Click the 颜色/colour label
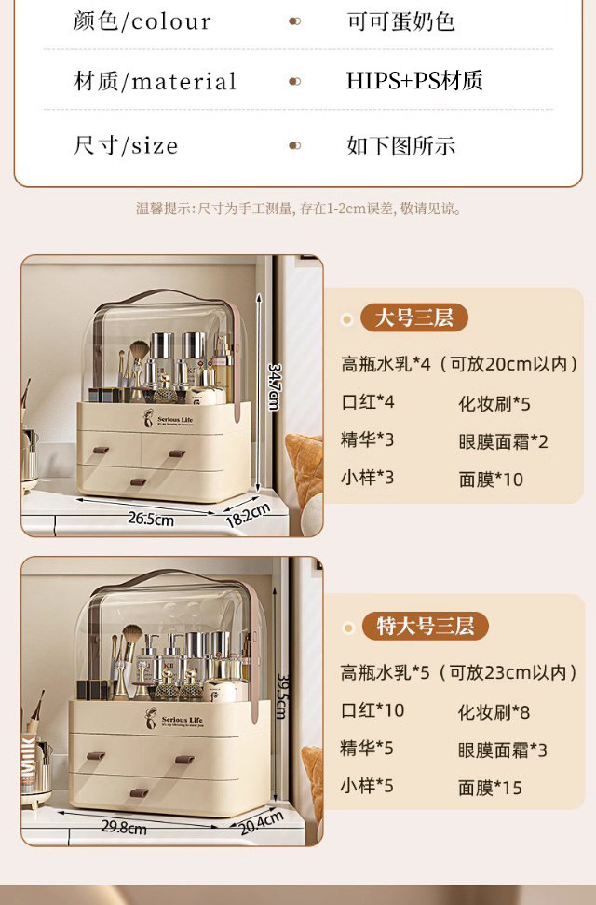tap(142, 21)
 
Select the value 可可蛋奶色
tap(400, 21)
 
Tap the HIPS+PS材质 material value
tap(414, 81)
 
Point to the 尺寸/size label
tap(126, 145)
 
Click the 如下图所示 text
tap(400, 145)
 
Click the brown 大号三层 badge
tap(413, 318)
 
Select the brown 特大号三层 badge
tap(425, 626)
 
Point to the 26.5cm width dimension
tap(151, 519)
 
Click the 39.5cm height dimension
tap(279, 691)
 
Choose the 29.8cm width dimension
tap(124, 827)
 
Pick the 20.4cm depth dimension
tap(262, 823)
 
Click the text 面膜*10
tap(491, 480)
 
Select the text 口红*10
tap(372, 710)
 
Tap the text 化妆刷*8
tap(494, 712)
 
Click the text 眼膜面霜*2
tap(503, 441)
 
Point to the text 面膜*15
tap(491, 788)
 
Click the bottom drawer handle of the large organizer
tap(138, 482)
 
